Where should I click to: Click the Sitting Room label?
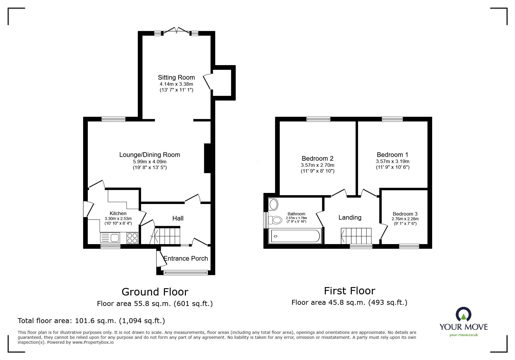[176, 77]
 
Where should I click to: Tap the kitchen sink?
[110, 238]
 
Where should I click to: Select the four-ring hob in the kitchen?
[133, 238]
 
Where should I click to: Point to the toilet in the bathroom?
[275, 220]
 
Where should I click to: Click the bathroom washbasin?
[274, 204]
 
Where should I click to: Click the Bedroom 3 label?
[405, 214]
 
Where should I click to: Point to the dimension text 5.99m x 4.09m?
[149, 162]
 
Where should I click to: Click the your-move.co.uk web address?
[464, 335]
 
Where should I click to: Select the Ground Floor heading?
[155, 292]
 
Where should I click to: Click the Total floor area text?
[91, 321]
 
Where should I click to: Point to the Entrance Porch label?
[186, 258]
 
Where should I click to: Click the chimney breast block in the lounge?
[207, 158]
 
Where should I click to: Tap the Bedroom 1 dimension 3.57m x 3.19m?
[393, 161]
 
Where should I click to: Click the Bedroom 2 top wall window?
[318, 119]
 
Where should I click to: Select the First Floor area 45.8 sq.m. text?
[349, 302]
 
